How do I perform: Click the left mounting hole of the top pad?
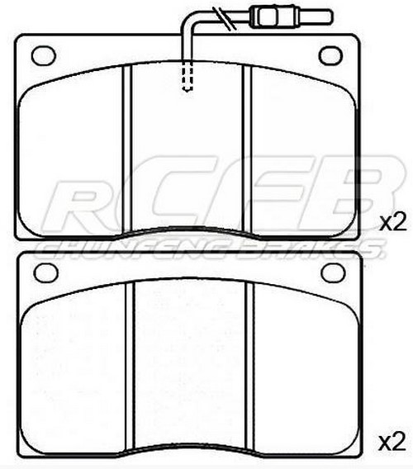point(41,55)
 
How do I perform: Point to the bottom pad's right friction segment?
point(301,363)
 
